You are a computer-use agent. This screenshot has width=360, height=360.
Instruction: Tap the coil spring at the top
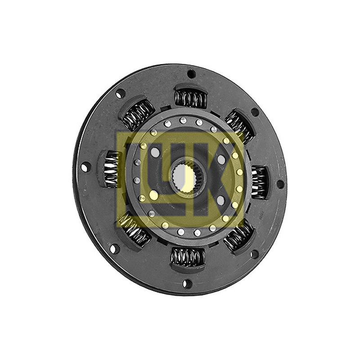pos(190,98)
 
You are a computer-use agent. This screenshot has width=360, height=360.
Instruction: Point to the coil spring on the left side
pos(112,170)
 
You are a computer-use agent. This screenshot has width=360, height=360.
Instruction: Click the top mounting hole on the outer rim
pos(191,74)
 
